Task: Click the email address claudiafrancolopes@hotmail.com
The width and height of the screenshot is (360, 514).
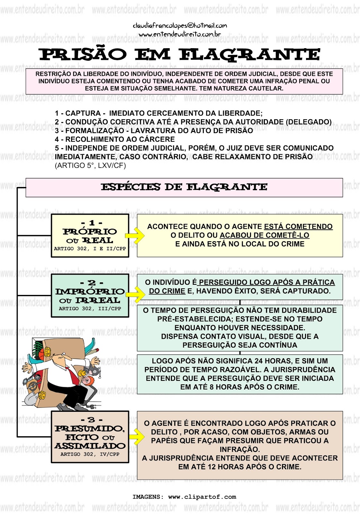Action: coord(180,25)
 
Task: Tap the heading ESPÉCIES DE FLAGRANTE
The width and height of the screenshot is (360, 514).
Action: coord(184,187)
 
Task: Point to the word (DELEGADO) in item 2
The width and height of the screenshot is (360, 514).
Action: coord(309,122)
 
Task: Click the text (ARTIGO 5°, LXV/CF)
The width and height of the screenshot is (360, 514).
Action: coord(90,166)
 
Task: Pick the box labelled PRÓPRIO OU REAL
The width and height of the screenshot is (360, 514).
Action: coord(90,235)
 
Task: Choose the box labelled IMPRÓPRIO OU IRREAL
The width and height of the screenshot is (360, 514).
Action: coord(90,296)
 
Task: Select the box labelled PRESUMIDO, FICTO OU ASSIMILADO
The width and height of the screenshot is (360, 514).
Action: coord(90,437)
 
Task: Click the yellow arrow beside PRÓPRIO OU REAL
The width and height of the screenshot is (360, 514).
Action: coord(135,236)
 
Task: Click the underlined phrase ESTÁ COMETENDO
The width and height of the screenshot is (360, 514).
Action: coord(298,227)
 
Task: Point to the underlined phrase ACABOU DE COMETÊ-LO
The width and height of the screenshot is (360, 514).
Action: coord(264,235)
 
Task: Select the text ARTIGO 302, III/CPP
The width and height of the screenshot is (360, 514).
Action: coord(90,309)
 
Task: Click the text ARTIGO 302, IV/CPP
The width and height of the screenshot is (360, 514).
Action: coord(90,454)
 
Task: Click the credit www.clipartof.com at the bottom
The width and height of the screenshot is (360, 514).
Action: coord(202,497)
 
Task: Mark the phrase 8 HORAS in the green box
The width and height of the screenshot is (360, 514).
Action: coord(225,387)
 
